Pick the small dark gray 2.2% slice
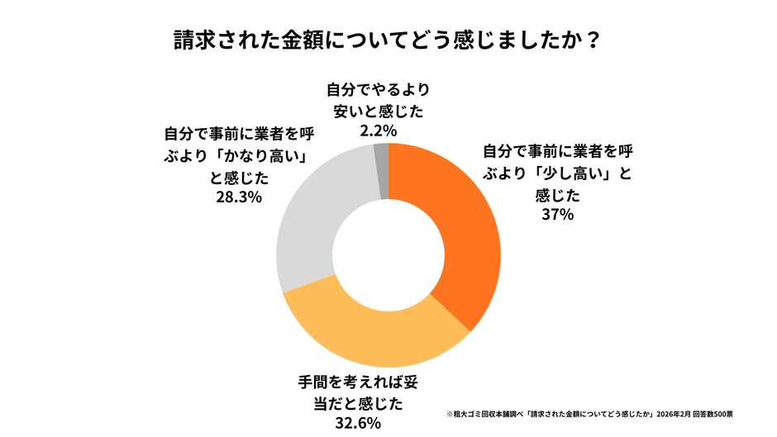click(381, 157)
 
